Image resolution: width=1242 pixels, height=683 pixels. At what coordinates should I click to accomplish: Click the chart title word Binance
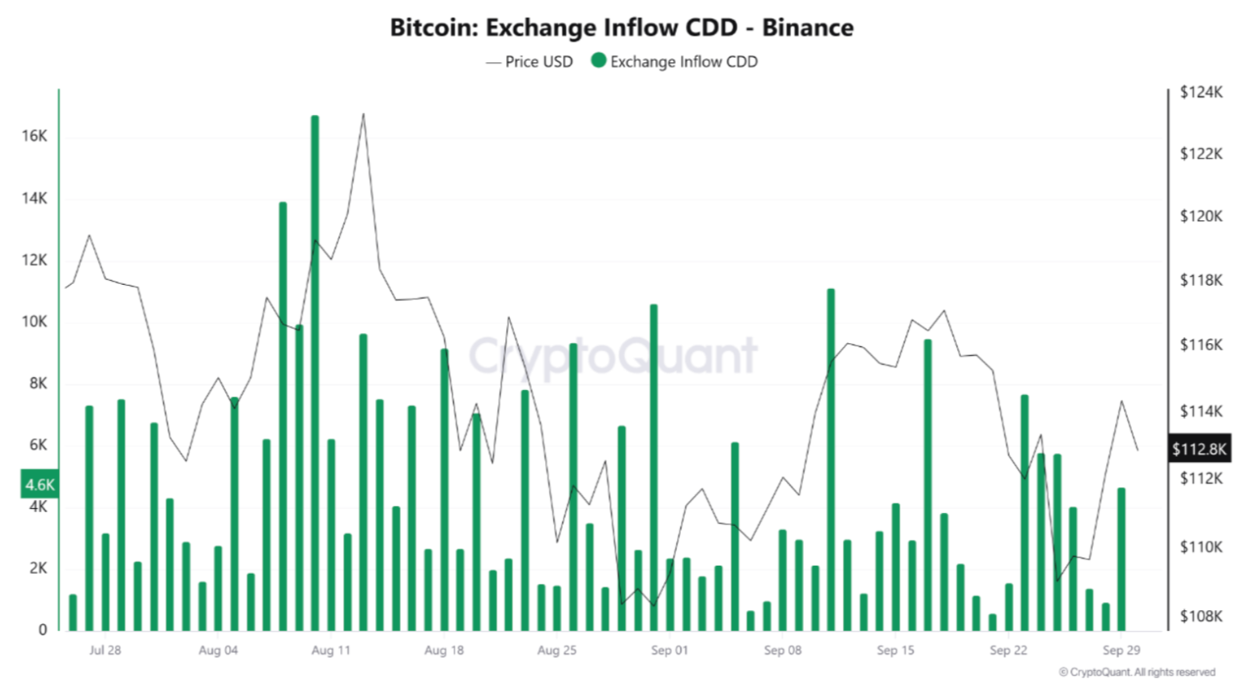click(x=807, y=28)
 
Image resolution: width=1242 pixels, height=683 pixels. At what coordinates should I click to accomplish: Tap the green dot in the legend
click(x=598, y=61)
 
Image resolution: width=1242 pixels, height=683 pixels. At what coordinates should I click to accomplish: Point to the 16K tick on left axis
click(x=34, y=136)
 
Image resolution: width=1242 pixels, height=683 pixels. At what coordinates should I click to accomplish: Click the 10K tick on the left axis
click(x=34, y=321)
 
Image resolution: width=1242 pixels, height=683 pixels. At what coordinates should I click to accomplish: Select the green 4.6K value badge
click(x=40, y=485)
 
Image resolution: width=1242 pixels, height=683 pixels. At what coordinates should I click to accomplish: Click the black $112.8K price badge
click(x=1198, y=449)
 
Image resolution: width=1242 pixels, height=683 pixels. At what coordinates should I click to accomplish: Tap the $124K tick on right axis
click(x=1201, y=92)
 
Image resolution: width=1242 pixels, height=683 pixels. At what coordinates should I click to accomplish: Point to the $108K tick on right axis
click(x=1201, y=617)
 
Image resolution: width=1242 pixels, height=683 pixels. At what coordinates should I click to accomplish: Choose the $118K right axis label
click(x=1201, y=281)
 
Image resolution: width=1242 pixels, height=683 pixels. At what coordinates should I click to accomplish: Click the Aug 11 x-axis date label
click(x=330, y=650)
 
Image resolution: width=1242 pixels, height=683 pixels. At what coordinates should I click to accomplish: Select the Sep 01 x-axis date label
click(x=669, y=650)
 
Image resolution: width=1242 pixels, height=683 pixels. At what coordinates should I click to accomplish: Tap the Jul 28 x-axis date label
click(x=104, y=650)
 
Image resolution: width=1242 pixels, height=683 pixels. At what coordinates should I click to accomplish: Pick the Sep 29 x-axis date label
click(x=1121, y=650)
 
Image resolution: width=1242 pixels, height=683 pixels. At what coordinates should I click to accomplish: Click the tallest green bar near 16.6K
click(x=315, y=372)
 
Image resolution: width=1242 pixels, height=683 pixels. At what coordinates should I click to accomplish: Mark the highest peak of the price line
click(x=363, y=114)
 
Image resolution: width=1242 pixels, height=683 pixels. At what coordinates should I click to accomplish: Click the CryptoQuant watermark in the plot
click(x=612, y=356)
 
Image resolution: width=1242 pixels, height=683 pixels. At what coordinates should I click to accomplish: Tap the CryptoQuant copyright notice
click(x=1137, y=672)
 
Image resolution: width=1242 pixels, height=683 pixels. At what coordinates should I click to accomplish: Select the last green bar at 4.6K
click(x=1121, y=558)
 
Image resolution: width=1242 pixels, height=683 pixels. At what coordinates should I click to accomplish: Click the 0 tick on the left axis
click(x=42, y=630)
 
